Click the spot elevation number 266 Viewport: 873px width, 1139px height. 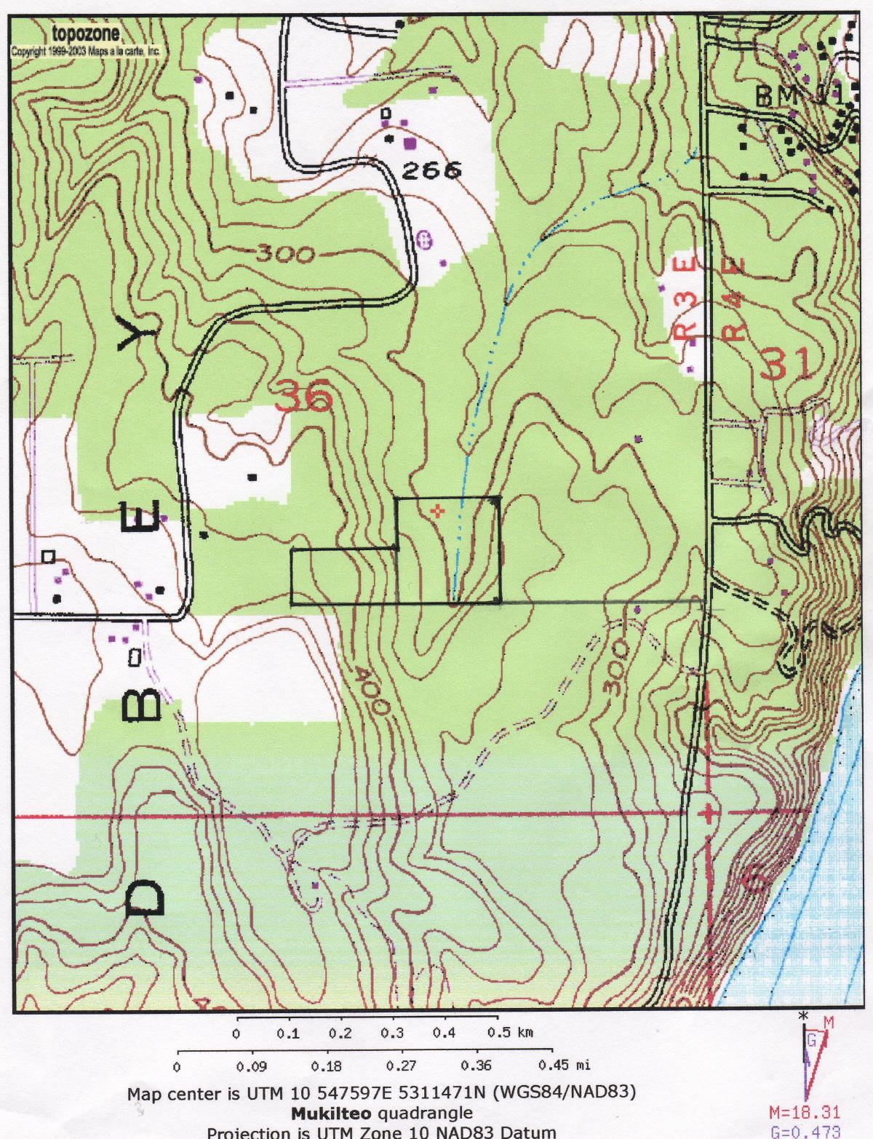click(431, 170)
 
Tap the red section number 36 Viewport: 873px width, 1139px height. click(304, 397)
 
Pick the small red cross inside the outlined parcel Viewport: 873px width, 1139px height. click(436, 512)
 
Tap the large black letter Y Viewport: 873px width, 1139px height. click(138, 333)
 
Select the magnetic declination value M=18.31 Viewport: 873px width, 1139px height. click(805, 1113)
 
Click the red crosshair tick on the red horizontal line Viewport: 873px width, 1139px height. click(708, 813)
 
